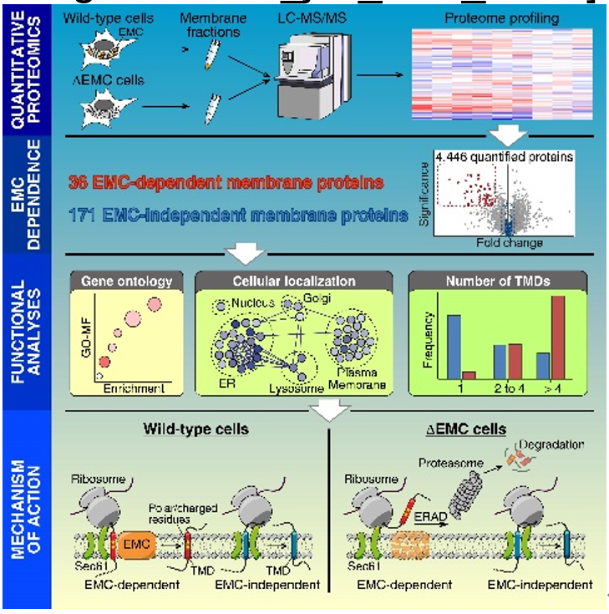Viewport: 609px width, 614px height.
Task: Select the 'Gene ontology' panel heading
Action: click(127, 282)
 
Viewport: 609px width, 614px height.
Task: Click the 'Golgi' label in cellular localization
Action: click(312, 298)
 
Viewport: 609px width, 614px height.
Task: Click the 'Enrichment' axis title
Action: click(131, 388)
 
